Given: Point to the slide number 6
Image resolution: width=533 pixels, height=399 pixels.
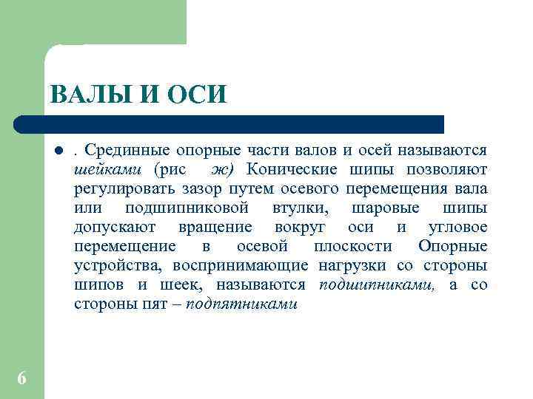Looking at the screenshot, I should click(21, 378).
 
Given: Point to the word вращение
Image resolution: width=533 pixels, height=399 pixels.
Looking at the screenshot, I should click(215, 228).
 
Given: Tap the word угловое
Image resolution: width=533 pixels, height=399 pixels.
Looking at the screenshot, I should click(457, 228).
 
